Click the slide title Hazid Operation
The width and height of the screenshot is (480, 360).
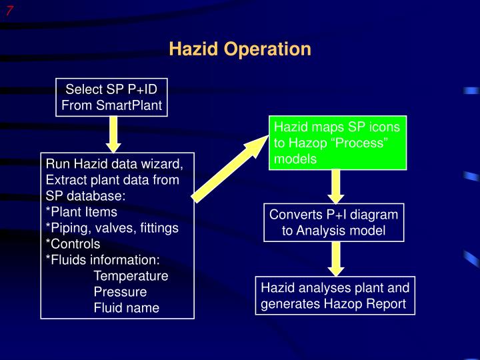point(240,49)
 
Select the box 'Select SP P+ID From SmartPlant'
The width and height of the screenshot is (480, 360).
point(111,97)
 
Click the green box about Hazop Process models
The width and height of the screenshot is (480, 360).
point(337,143)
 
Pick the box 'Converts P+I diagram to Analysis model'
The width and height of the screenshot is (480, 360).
point(333,223)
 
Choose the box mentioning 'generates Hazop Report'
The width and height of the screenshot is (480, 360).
point(335,295)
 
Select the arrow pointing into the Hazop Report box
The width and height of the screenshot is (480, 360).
point(337,259)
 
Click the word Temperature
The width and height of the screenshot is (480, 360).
point(131,276)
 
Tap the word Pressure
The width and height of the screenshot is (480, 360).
point(120,292)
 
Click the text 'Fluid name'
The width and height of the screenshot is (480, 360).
point(126,308)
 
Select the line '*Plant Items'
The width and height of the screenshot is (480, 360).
point(81,212)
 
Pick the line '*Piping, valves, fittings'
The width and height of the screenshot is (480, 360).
point(112,228)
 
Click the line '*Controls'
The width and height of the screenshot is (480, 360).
point(73,244)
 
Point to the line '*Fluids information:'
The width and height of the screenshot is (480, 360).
point(103,260)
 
